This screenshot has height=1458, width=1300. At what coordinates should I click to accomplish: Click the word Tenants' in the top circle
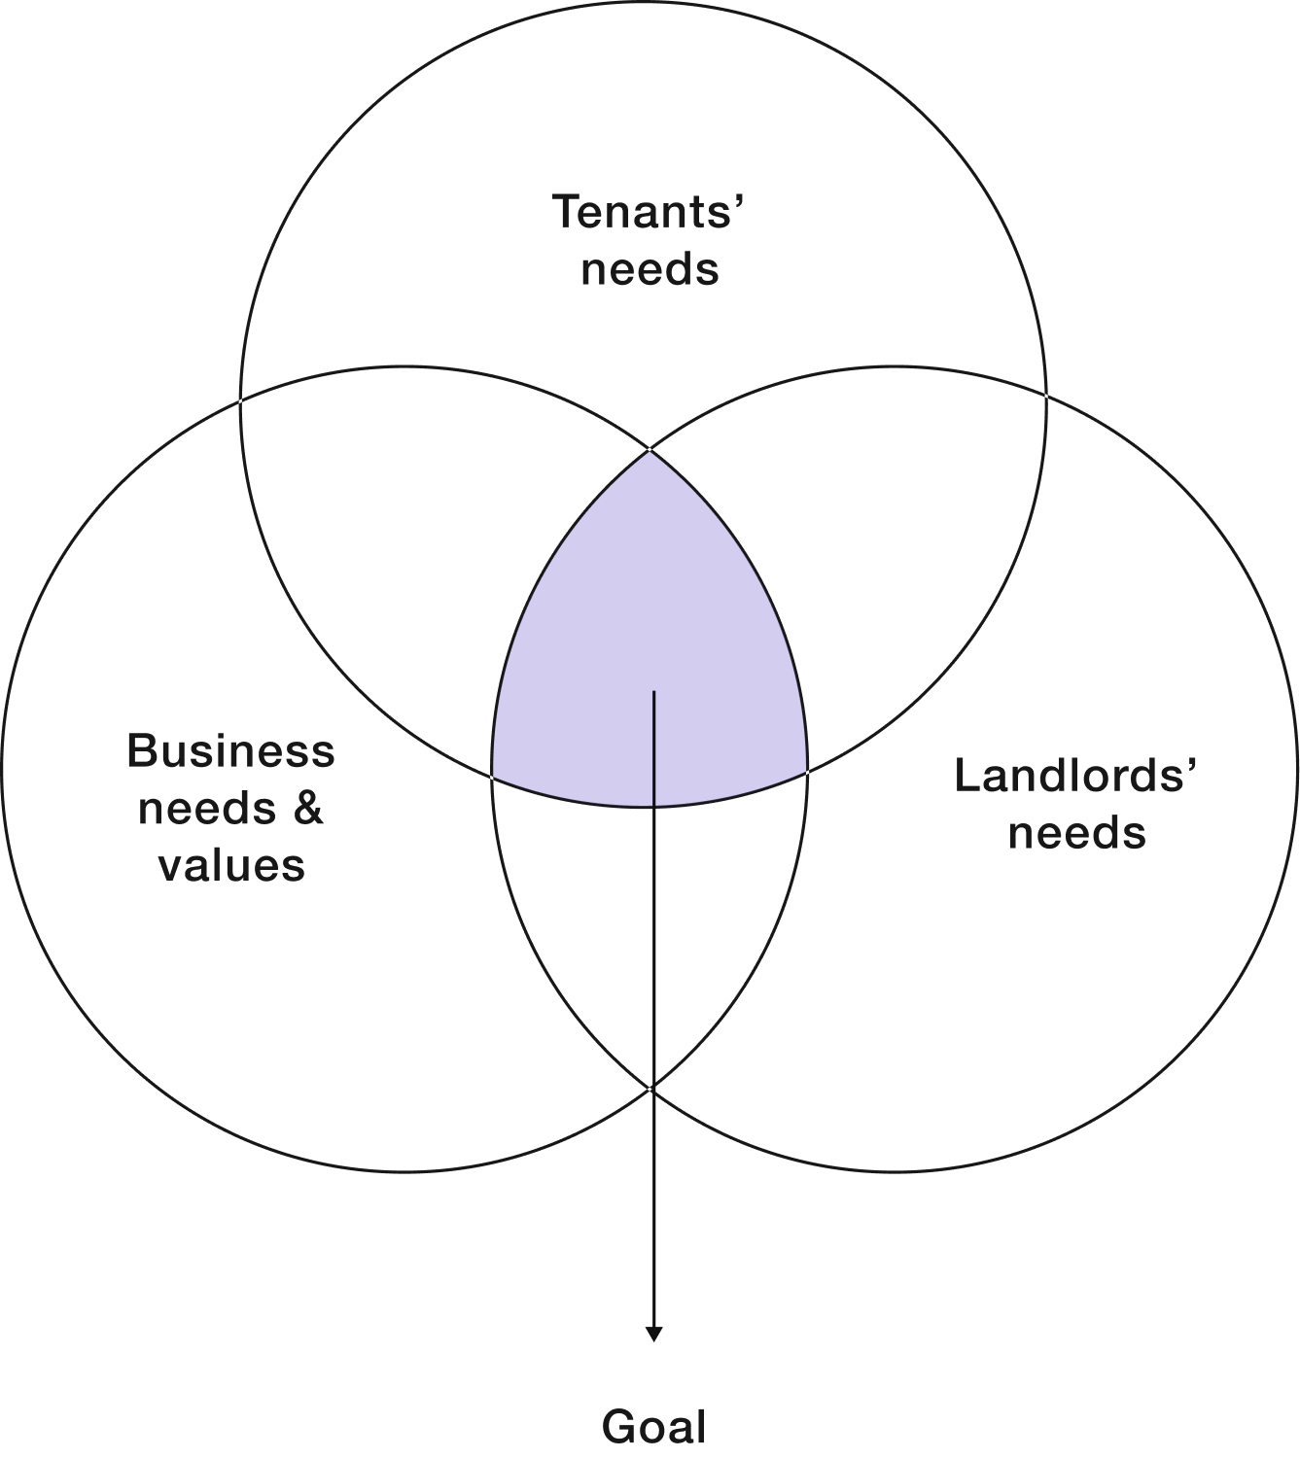point(649,211)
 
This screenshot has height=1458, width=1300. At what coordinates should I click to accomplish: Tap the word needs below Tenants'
point(650,269)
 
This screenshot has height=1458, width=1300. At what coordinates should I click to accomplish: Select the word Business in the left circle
point(230,750)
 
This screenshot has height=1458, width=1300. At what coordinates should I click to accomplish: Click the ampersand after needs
point(308,808)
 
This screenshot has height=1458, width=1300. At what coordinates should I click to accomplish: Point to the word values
point(232,864)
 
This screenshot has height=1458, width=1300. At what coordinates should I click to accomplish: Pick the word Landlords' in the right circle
point(1075,776)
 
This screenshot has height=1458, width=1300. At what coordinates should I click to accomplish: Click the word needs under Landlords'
point(1076,833)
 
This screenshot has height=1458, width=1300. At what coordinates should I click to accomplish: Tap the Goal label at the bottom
point(653,1427)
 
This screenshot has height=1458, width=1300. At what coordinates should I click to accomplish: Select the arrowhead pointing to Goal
point(653,1335)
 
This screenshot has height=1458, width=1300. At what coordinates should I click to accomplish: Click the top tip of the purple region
point(650,453)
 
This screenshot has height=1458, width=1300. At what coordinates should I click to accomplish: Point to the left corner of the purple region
point(494,777)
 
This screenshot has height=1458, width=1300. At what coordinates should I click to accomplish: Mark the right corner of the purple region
point(806,773)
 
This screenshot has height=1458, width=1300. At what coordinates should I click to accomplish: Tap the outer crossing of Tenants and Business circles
point(241,399)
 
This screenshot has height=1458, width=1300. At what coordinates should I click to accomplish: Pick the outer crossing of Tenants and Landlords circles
point(1046,394)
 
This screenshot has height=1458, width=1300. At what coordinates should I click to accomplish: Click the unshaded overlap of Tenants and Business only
point(408,544)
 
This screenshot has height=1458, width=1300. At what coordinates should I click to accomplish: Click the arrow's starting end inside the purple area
point(653,692)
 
